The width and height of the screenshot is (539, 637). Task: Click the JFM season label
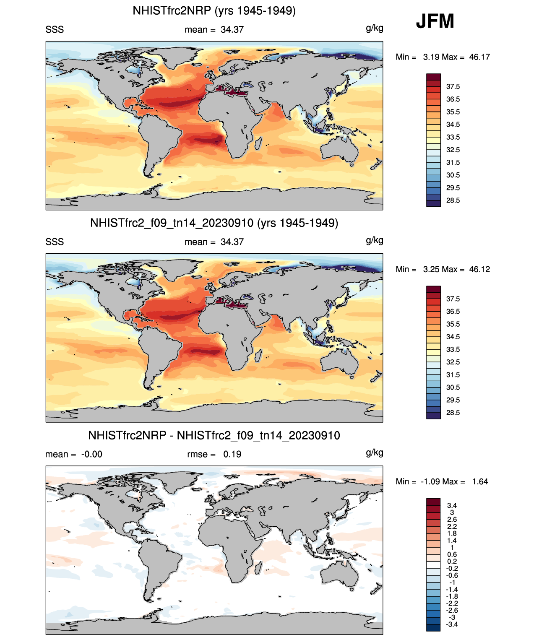pos(435,21)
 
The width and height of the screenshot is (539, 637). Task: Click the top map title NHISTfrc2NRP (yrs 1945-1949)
pos(214,10)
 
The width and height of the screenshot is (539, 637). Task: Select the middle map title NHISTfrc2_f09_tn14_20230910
pos(214,223)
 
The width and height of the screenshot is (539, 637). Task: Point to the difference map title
pos(214,435)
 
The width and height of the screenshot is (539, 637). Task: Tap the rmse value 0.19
pos(232,454)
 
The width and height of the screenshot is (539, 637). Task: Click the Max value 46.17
pos(479,57)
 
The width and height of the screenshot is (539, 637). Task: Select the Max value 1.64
pos(480,481)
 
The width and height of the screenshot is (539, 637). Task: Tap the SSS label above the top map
pos(55,29)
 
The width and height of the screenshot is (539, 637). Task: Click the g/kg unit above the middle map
pos(375,240)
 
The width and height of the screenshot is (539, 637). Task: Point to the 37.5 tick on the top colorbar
pos(453,86)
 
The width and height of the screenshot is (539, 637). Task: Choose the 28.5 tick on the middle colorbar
pos(453,413)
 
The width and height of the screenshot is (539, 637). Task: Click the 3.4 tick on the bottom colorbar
pos(452,505)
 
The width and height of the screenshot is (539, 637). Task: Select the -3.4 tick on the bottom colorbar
pos(452,624)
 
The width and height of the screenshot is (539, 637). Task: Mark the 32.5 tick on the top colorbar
pos(453,150)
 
